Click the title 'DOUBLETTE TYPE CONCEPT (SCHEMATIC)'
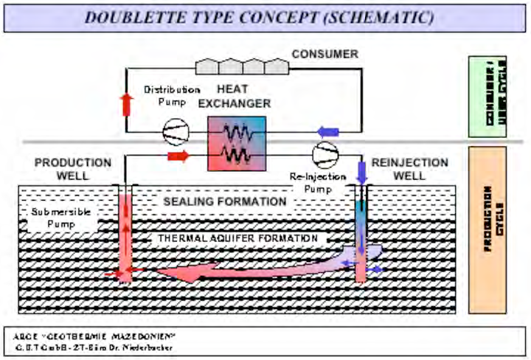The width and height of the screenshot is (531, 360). (x=259, y=17)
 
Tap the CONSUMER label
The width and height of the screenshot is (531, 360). (x=324, y=54)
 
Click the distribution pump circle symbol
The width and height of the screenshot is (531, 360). (x=176, y=131)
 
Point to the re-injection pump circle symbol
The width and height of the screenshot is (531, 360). (x=324, y=156)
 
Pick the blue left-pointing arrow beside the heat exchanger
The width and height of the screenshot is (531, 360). (x=327, y=131)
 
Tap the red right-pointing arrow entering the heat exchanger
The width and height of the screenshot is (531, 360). (x=179, y=156)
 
